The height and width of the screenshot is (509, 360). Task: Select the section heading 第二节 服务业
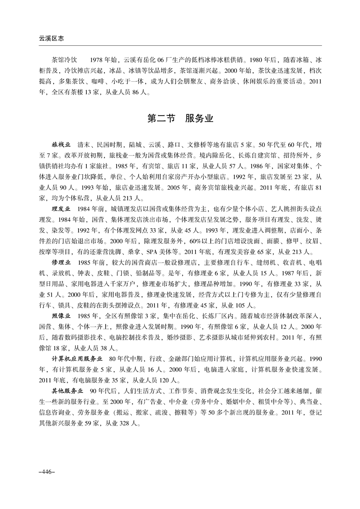180,119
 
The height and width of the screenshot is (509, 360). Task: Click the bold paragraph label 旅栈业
61,145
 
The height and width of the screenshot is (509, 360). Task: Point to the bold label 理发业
61,209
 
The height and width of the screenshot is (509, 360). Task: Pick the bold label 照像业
61,315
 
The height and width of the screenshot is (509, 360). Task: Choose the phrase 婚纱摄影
178,337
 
